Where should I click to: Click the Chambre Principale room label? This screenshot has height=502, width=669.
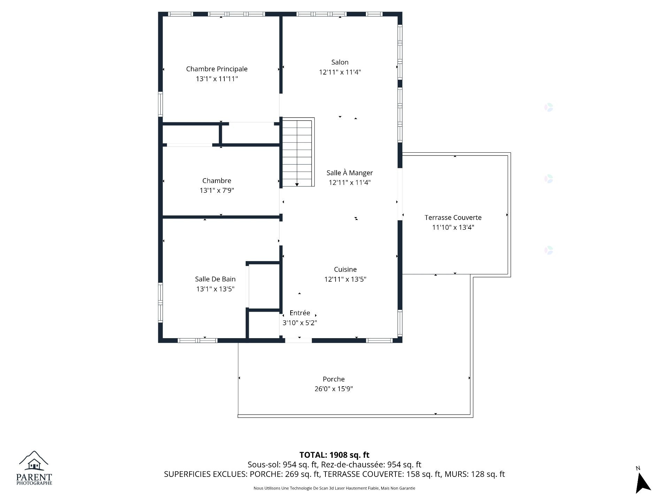217,69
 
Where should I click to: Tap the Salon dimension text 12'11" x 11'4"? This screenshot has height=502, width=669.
340,72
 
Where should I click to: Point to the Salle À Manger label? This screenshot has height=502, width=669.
349,173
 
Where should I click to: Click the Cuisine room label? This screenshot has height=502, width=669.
345,269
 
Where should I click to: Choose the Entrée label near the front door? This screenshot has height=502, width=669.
300,313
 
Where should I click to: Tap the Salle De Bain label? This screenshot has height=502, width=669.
215,279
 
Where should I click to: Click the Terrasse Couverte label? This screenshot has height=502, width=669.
453,218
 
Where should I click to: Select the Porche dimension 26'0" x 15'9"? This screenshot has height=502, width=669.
334,389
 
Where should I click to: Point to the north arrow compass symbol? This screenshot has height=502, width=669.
643,483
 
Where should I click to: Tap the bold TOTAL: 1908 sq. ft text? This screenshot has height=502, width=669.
334,455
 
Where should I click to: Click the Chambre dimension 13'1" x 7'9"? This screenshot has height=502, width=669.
217,190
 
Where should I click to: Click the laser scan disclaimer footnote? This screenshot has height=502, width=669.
334,488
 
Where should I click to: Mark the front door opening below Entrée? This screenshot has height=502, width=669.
299,340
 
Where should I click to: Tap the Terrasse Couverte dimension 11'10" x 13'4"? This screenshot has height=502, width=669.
453,227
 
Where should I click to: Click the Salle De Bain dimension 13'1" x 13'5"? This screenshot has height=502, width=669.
215,289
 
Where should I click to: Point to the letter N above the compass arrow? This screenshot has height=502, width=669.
638,468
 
